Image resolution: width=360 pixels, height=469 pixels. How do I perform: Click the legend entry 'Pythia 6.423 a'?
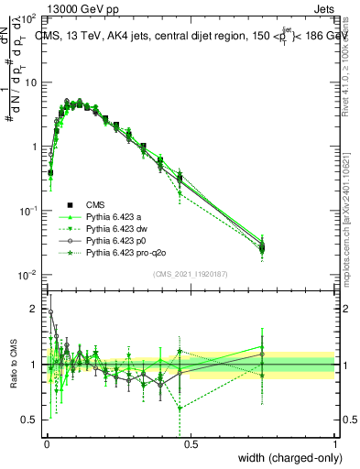(115, 216)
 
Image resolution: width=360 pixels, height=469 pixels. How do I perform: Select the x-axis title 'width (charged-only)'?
(285, 459)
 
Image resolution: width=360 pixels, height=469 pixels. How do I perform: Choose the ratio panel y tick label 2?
(35, 309)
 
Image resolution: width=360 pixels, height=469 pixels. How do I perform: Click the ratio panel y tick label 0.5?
(30, 420)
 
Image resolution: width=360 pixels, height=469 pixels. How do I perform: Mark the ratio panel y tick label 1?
(35, 365)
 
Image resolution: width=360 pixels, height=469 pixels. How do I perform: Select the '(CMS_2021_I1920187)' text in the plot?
(191, 274)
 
